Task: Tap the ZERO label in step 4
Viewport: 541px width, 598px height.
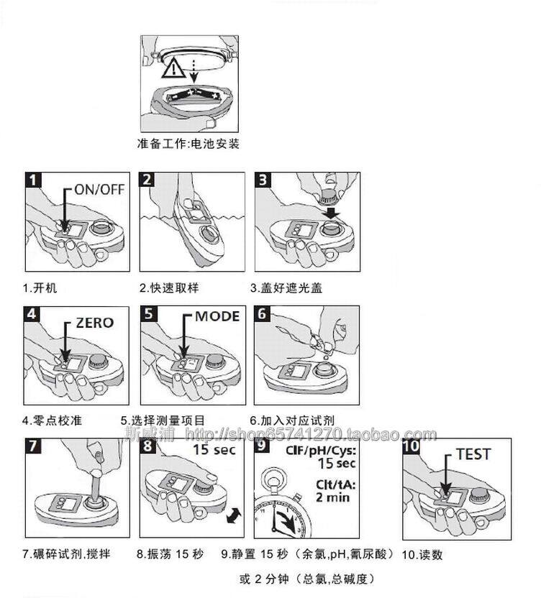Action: (x=94, y=322)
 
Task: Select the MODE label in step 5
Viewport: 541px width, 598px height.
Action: (x=217, y=317)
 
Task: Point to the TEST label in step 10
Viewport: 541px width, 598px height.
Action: (x=473, y=454)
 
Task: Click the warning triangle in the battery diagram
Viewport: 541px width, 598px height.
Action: (x=174, y=69)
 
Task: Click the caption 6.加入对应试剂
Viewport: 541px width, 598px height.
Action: (x=292, y=420)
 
